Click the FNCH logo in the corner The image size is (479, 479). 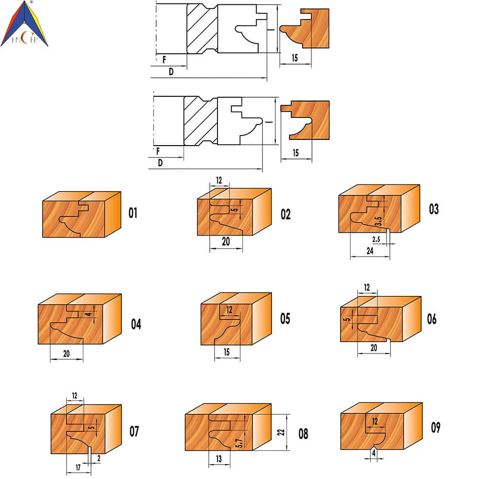coord(24,24)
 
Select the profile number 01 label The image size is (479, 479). coord(133,213)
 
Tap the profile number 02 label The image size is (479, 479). coord(285,215)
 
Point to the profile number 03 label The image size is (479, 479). coord(434,209)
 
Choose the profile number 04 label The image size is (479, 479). coord(136,324)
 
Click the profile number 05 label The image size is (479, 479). coord(285,319)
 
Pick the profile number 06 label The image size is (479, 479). coord(432,319)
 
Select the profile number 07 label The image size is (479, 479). coord(134,432)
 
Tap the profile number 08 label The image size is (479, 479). coord(303,434)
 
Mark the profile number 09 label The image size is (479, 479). coord(435,427)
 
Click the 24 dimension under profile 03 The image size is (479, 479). coord(370,251)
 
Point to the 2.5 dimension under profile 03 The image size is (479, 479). coord(376,239)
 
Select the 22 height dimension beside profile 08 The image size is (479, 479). coord(281,432)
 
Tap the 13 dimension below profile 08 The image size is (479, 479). coord(219,459)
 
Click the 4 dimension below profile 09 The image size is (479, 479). coord(374,454)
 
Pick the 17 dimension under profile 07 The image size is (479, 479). coord(78,468)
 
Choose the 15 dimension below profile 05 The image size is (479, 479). coord(227,352)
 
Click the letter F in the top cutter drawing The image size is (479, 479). coord(164,59)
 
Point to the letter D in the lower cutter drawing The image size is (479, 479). coord(160,163)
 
